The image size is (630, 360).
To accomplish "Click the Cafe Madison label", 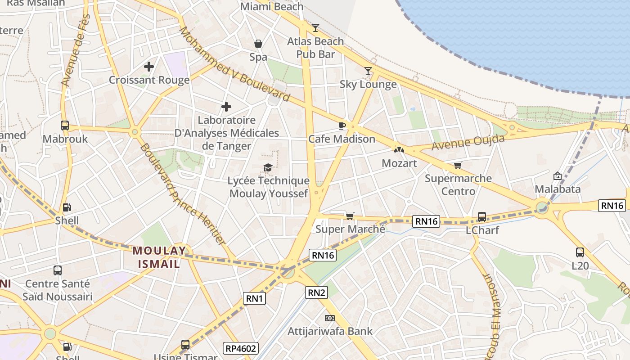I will point(342,139).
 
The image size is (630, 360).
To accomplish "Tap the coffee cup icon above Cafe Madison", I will point(342,126).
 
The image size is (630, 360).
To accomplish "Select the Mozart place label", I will point(399,163).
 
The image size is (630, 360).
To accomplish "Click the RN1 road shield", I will point(255,298).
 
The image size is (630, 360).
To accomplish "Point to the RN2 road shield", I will point(316,292).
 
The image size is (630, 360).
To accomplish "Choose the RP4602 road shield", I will point(241,348).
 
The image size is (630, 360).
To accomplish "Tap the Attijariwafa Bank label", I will point(330,332).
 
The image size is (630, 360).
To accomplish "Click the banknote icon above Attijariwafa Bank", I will point(330,318).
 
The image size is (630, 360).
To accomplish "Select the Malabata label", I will point(558,189).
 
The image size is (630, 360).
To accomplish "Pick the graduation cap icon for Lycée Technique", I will point(268,168).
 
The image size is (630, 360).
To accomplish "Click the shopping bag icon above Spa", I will point(258,44).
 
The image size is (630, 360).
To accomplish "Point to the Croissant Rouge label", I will point(149,80).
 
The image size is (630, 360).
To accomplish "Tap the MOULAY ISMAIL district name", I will point(159,257).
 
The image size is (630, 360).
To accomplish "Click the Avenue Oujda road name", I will point(468,143).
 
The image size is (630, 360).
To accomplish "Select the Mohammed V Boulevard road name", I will point(234,63).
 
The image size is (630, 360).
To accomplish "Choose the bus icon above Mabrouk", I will point(65,126).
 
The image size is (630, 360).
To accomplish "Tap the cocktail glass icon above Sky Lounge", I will point(368,71).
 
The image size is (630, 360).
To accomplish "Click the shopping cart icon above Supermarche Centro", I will point(458,165).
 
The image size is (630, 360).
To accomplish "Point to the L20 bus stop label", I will point(580,266).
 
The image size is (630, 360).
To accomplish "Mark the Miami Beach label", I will point(272,7).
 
